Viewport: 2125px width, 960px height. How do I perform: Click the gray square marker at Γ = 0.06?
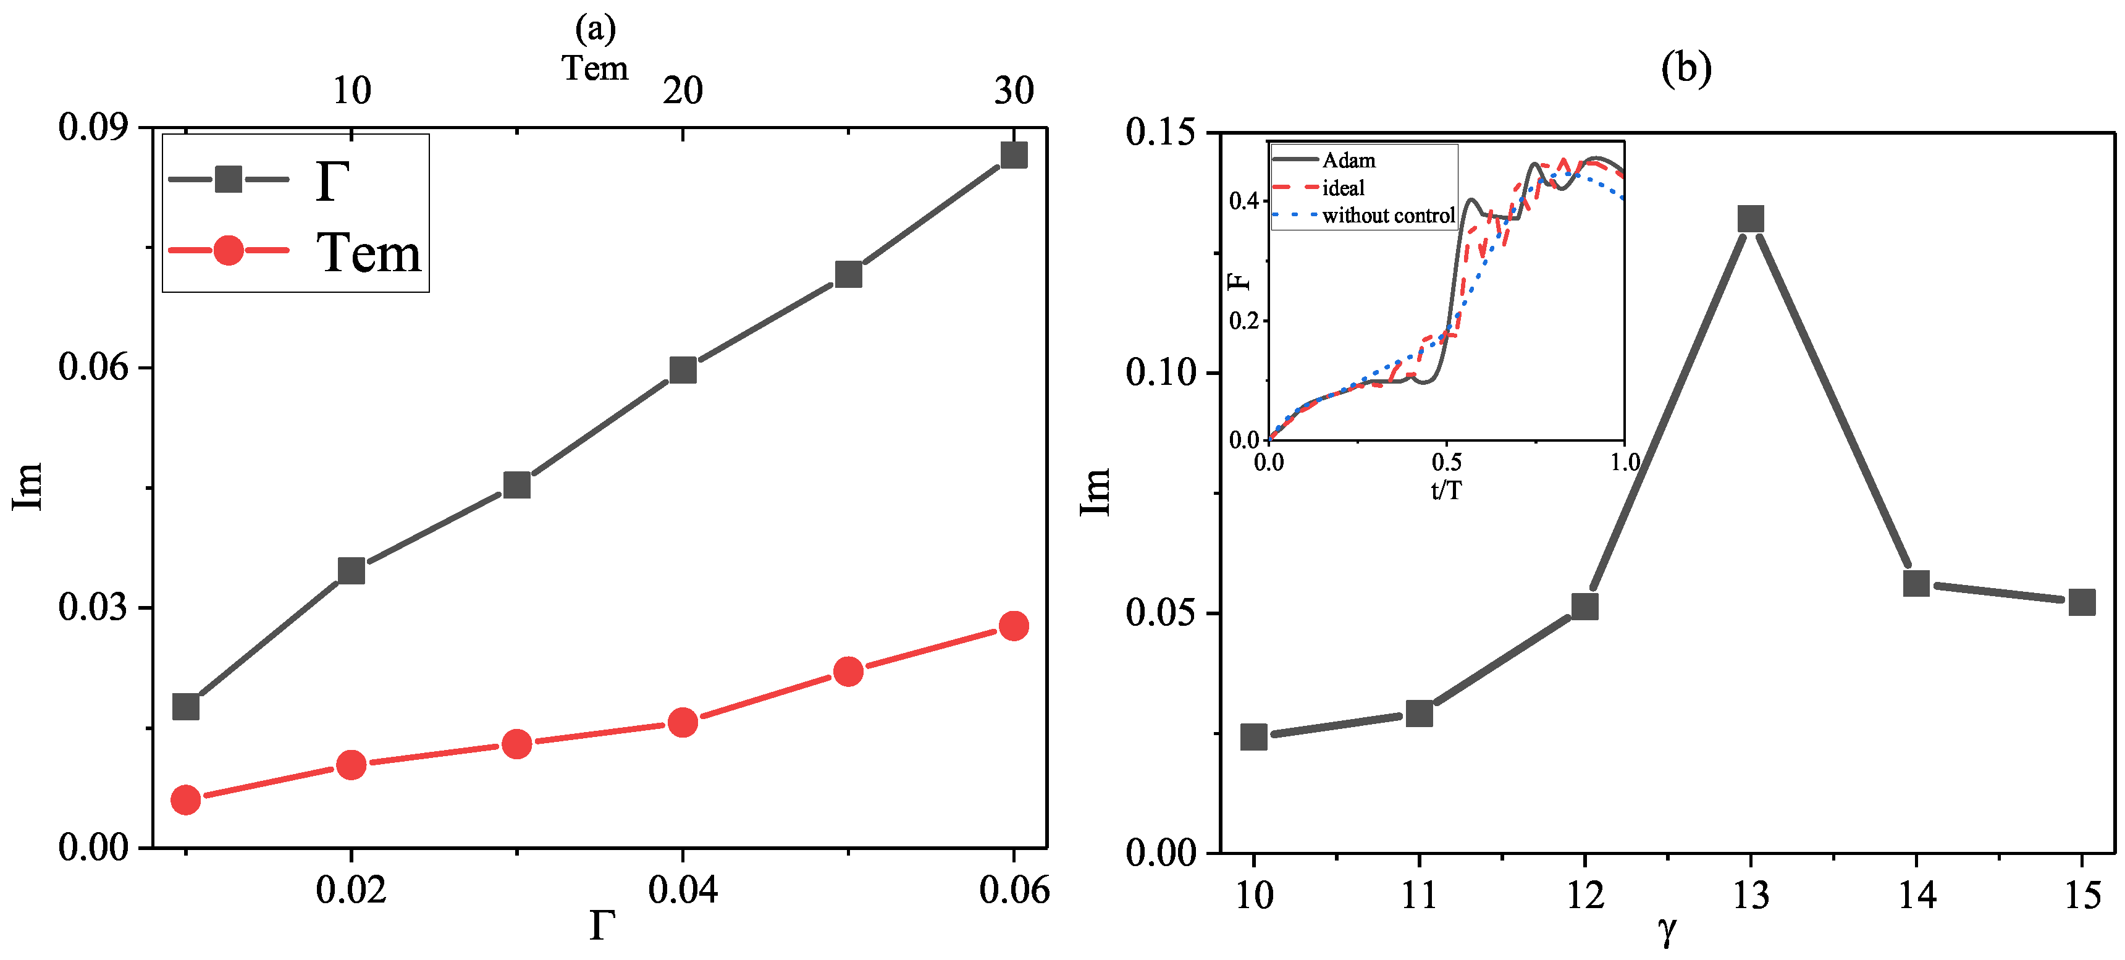tap(1014, 154)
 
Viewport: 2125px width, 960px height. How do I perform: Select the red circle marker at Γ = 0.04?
tap(682, 723)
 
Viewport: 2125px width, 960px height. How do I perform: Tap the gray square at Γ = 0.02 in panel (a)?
tap(351, 571)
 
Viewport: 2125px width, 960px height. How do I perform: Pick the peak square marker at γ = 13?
tap(1751, 219)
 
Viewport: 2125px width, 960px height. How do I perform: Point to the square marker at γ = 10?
tap(1254, 736)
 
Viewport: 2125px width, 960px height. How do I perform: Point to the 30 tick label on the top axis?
tap(1014, 90)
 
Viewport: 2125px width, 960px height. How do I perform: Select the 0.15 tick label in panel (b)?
tap(1161, 132)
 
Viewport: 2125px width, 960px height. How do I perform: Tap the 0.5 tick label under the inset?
tap(1446, 462)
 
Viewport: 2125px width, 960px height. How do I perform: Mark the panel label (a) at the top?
tap(595, 30)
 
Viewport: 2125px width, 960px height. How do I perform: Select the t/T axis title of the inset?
tap(1446, 491)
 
